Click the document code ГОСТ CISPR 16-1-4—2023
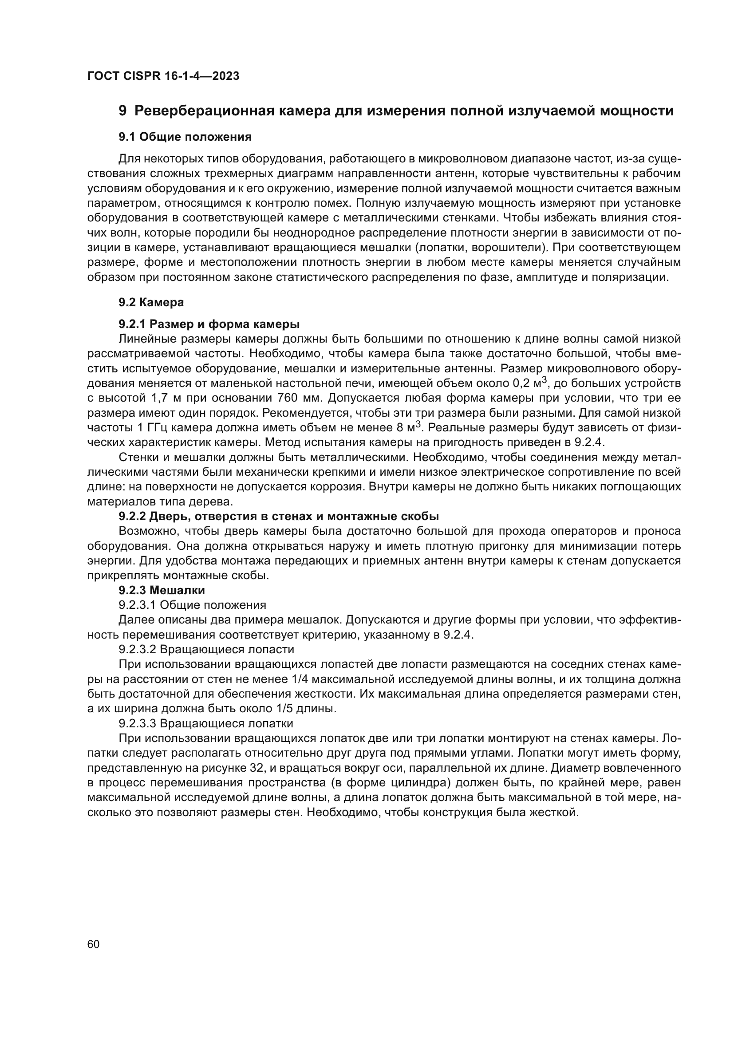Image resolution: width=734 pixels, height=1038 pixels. [x=163, y=76]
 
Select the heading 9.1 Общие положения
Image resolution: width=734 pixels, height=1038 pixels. [x=185, y=137]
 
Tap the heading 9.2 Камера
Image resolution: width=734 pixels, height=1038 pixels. [x=151, y=302]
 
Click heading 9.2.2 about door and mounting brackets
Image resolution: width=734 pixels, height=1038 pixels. [x=278, y=516]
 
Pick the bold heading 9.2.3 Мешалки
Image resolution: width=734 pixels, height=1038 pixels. [x=162, y=590]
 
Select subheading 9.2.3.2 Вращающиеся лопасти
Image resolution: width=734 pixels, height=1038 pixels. [x=206, y=649]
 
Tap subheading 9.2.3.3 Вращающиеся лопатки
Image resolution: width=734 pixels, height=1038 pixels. [x=205, y=723]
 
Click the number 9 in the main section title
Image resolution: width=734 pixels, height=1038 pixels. [x=122, y=111]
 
